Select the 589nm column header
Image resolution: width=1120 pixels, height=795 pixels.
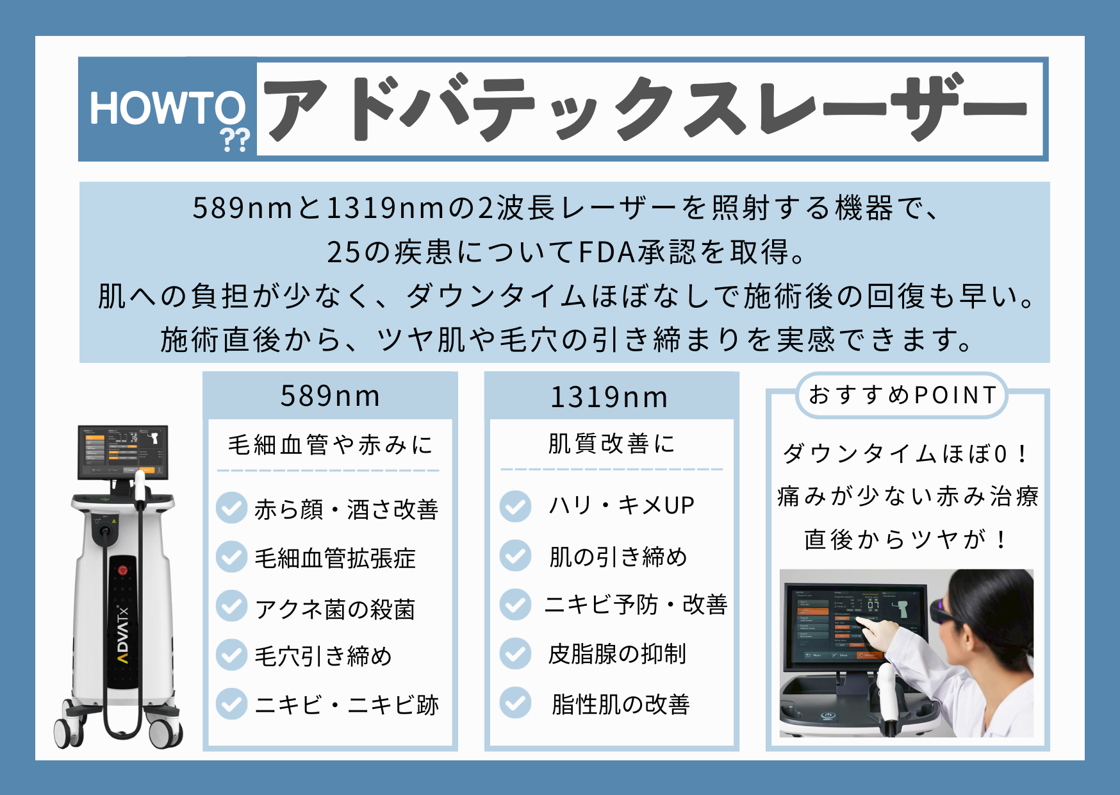pos(331,396)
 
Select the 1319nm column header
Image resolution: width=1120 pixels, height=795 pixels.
pos(609,397)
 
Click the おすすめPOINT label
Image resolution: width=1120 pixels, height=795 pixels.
pos(902,395)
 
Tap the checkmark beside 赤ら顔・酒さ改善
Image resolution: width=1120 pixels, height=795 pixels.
pos(231,508)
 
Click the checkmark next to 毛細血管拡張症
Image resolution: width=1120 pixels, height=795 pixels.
pos(231,556)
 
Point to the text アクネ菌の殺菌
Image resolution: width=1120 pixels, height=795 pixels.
pos(335,608)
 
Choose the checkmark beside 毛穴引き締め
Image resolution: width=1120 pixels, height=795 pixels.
pos(231,655)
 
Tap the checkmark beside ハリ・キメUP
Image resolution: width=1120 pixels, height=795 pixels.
pos(515,506)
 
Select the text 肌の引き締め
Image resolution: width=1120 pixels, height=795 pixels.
pos(618,556)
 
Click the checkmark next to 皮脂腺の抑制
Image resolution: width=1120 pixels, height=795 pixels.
pos(515,653)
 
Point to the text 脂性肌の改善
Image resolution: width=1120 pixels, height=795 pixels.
pos(620,704)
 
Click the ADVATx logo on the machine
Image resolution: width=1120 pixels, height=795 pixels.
pos(122,635)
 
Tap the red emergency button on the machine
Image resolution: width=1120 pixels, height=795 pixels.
pos(122,569)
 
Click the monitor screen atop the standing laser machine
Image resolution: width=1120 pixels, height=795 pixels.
pos(123,451)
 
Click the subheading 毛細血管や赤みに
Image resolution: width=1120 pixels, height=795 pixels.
pos(331,444)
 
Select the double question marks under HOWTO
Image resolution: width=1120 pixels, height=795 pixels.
pos(235,139)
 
